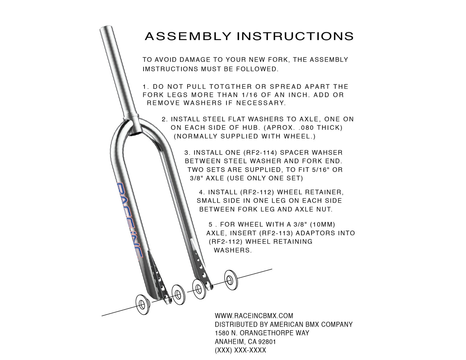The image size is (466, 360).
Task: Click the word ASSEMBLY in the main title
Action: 188,36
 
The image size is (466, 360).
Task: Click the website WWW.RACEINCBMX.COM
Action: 254,316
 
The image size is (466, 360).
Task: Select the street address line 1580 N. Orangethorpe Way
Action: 262,333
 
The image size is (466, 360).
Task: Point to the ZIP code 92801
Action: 267,342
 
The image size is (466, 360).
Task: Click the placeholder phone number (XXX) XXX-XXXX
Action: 240,350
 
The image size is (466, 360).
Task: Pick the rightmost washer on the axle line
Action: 231,280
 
